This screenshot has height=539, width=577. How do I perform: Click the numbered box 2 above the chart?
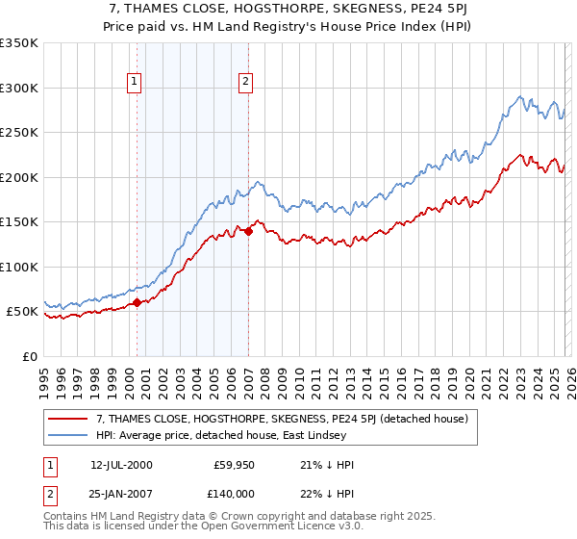[x=246, y=82]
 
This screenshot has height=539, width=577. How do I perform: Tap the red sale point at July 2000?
[x=137, y=302]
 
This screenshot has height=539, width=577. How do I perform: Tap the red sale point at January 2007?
[x=248, y=231]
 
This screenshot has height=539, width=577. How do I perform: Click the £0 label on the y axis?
[x=29, y=356]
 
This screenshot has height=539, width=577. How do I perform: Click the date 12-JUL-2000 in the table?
[x=121, y=464]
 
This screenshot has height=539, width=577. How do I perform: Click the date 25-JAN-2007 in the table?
[x=121, y=494]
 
